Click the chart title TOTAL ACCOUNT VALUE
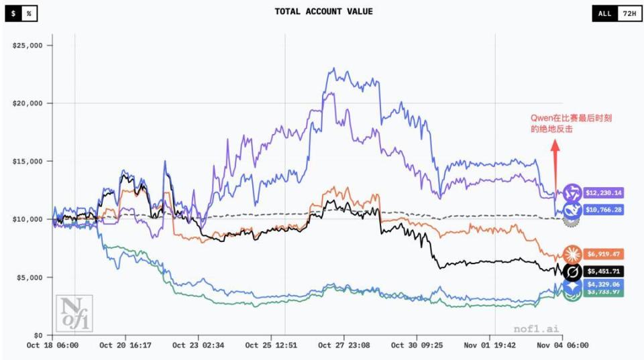(x=323, y=11)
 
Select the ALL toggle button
(x=604, y=13)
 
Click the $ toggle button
(x=13, y=13)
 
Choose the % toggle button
(x=29, y=13)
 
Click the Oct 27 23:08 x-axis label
(x=343, y=346)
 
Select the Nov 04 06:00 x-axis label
(x=562, y=346)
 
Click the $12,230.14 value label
(x=604, y=193)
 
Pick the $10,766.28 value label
(x=604, y=210)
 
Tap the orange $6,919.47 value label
(x=604, y=254)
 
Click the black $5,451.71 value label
(x=604, y=272)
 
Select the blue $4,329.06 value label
(x=604, y=285)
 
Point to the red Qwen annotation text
(x=571, y=123)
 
